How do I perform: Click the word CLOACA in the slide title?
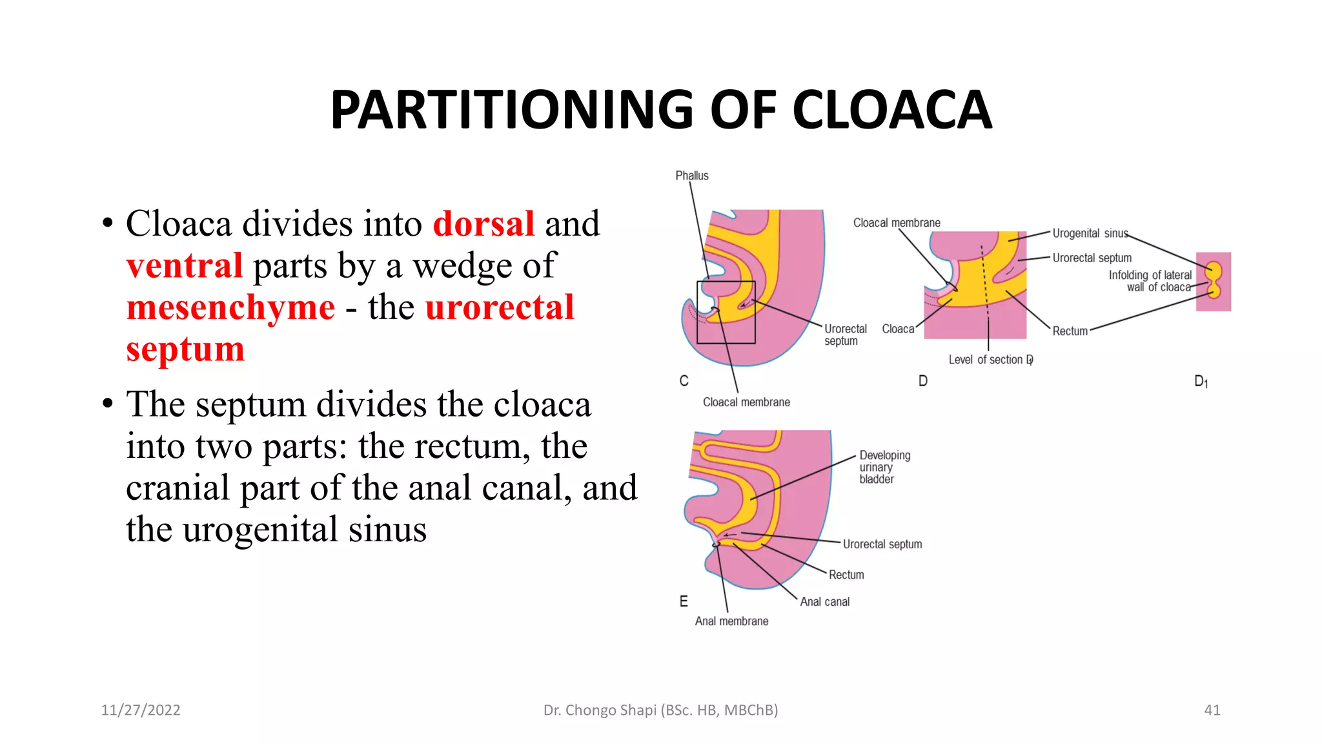click(x=891, y=110)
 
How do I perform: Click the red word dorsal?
click(x=483, y=224)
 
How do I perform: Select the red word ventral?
click(x=185, y=266)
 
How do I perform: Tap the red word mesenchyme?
click(x=230, y=307)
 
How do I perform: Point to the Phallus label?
click(x=691, y=176)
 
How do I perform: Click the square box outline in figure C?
click(x=726, y=282)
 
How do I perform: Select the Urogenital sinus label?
click(x=1090, y=233)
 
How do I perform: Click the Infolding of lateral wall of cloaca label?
click(x=1150, y=281)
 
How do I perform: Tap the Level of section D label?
click(x=990, y=360)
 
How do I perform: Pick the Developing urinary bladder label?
click(x=884, y=467)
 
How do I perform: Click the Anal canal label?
click(x=824, y=602)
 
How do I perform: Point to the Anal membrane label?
click(x=731, y=621)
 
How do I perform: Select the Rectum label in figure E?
click(x=846, y=575)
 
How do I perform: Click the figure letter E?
click(x=684, y=602)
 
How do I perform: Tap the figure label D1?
click(x=1201, y=382)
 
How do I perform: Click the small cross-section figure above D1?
click(x=1214, y=282)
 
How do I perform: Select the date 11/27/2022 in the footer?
click(x=141, y=710)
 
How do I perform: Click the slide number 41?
click(x=1212, y=710)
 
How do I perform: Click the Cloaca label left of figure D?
click(x=898, y=329)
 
